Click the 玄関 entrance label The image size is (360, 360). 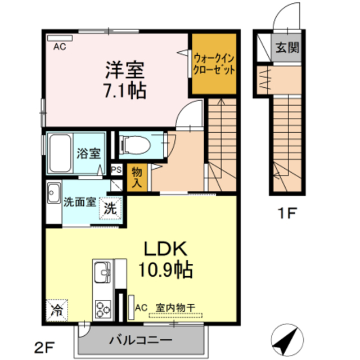[x=286, y=48]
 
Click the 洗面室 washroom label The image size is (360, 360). [x=79, y=203]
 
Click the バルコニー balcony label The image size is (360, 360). [x=141, y=339]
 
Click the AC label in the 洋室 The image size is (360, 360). [x=60, y=47]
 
